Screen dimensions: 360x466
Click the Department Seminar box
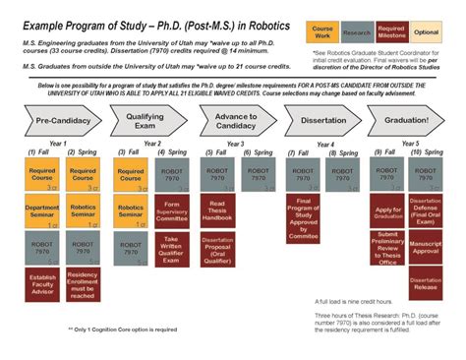point(42,213)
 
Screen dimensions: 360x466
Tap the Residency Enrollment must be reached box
point(84,283)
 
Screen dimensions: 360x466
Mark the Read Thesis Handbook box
point(218,210)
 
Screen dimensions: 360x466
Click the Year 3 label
point(235,144)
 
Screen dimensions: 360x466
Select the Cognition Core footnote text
point(122,329)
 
